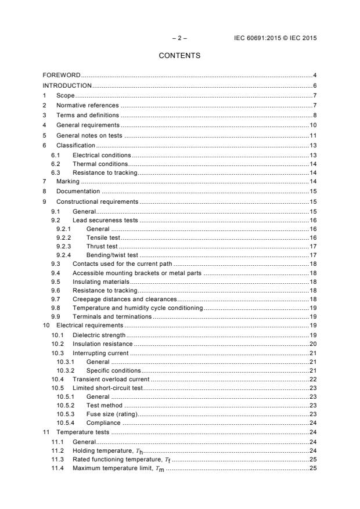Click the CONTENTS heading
click(x=179, y=56)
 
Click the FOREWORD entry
click(x=62, y=75)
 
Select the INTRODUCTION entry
click(x=67, y=85)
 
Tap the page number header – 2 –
click(x=179, y=38)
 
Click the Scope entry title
click(x=66, y=95)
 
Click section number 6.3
click(x=56, y=172)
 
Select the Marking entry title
click(x=67, y=182)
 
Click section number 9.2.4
click(x=63, y=255)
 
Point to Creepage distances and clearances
click(x=124, y=299)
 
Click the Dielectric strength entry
click(x=99, y=335)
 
